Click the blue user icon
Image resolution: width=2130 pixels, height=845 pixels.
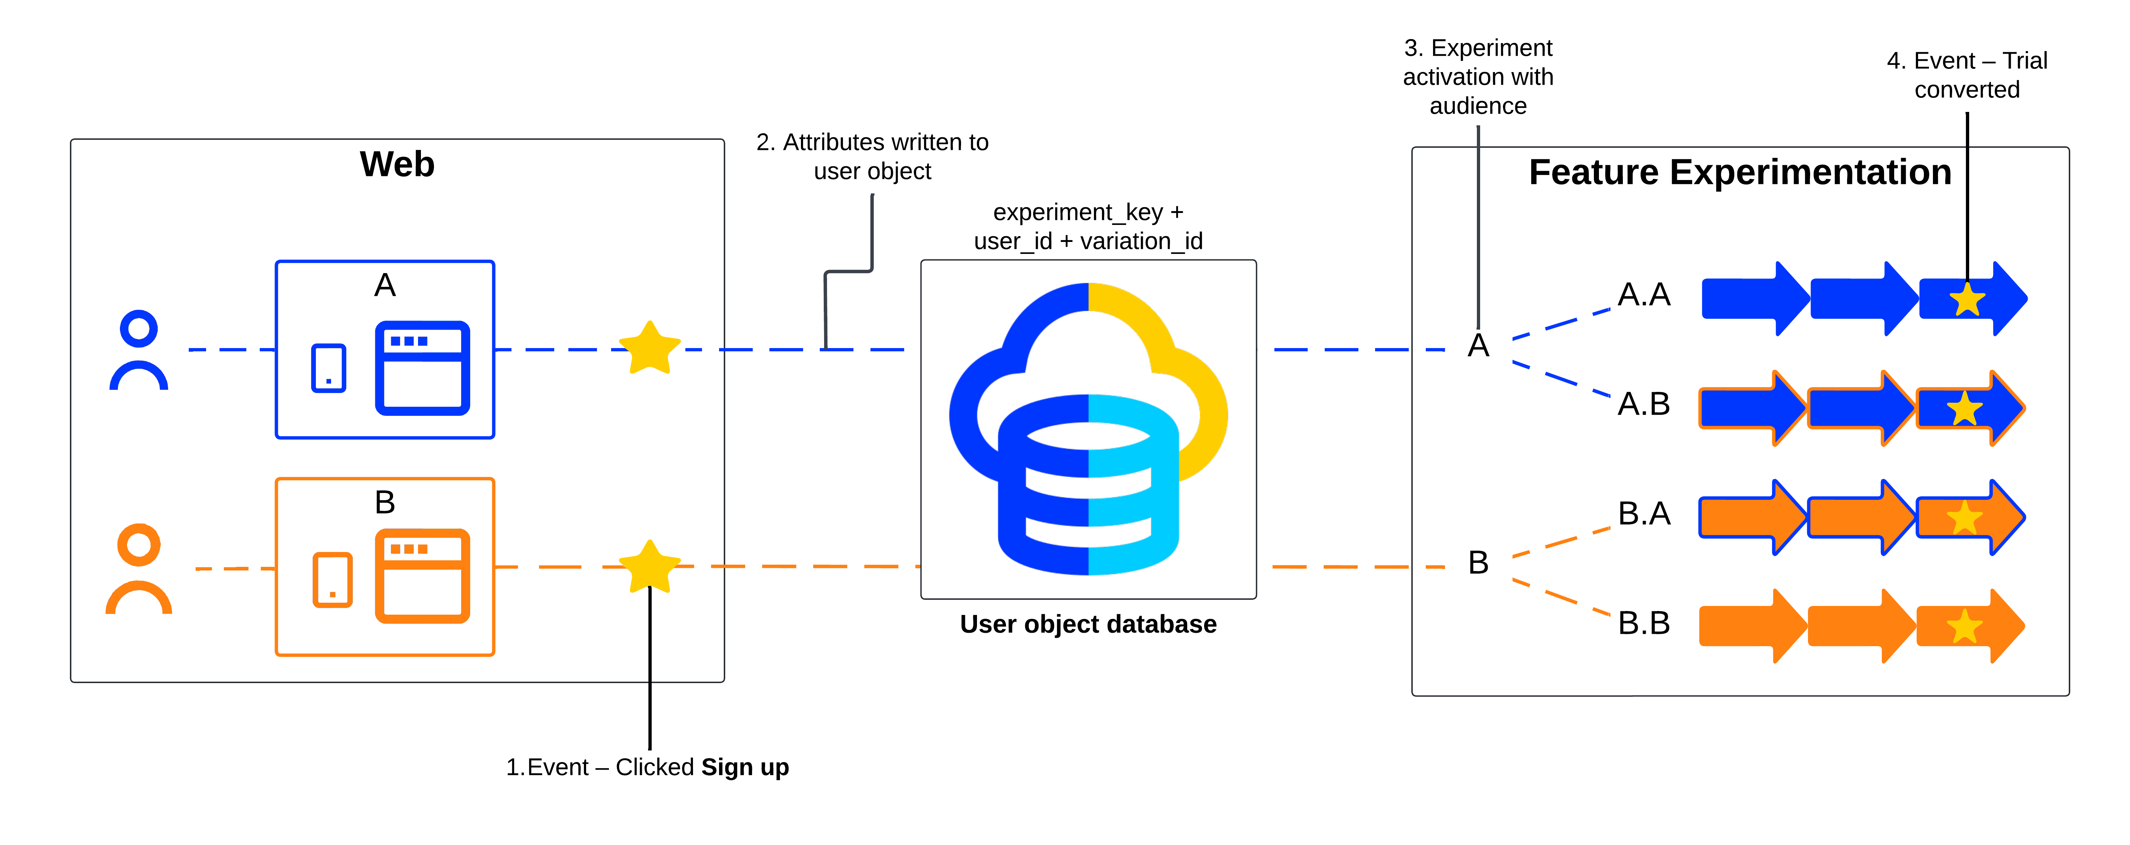point(139,350)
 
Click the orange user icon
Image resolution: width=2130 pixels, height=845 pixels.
point(139,569)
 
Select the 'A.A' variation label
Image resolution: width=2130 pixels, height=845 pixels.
point(1644,294)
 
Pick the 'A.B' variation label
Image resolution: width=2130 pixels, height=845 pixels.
point(1644,404)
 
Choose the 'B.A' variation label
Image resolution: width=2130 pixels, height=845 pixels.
point(1644,514)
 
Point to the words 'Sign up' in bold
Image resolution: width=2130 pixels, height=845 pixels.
point(745,767)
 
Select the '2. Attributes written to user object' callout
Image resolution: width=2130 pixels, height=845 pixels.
point(872,156)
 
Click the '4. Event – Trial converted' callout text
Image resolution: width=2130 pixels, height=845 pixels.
point(1967,74)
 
